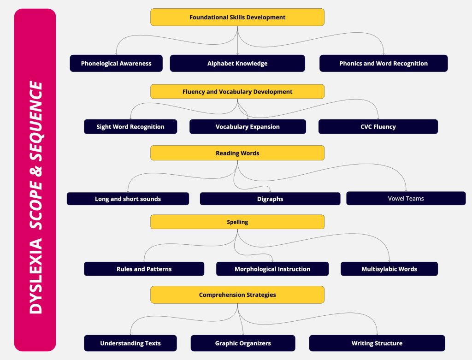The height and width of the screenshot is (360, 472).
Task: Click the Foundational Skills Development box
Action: (237, 17)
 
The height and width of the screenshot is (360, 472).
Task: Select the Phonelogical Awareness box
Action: (116, 63)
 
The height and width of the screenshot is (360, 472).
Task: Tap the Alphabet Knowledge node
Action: (237, 63)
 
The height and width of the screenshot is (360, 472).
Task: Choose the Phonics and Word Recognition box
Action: (383, 63)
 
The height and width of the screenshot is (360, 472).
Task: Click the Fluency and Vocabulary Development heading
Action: (237, 92)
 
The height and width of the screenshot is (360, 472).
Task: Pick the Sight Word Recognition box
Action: (130, 127)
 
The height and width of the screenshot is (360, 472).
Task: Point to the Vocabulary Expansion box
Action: (248, 127)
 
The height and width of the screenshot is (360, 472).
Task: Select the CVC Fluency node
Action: (378, 127)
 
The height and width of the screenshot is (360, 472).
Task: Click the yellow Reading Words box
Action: (237, 153)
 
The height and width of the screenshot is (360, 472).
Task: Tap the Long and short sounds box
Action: (128, 199)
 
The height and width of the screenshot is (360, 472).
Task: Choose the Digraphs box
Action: (270, 199)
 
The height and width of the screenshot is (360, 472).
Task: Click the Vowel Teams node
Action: (406, 198)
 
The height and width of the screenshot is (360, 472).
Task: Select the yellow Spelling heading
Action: (237, 222)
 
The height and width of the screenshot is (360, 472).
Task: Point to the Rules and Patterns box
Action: (144, 269)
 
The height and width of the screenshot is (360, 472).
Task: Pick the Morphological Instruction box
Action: (272, 269)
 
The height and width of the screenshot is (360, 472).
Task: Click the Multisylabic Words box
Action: (389, 269)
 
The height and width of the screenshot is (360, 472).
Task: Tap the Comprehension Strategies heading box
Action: (237, 295)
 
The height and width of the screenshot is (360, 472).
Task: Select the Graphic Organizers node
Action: (243, 343)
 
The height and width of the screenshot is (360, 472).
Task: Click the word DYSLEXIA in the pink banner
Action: (36, 276)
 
